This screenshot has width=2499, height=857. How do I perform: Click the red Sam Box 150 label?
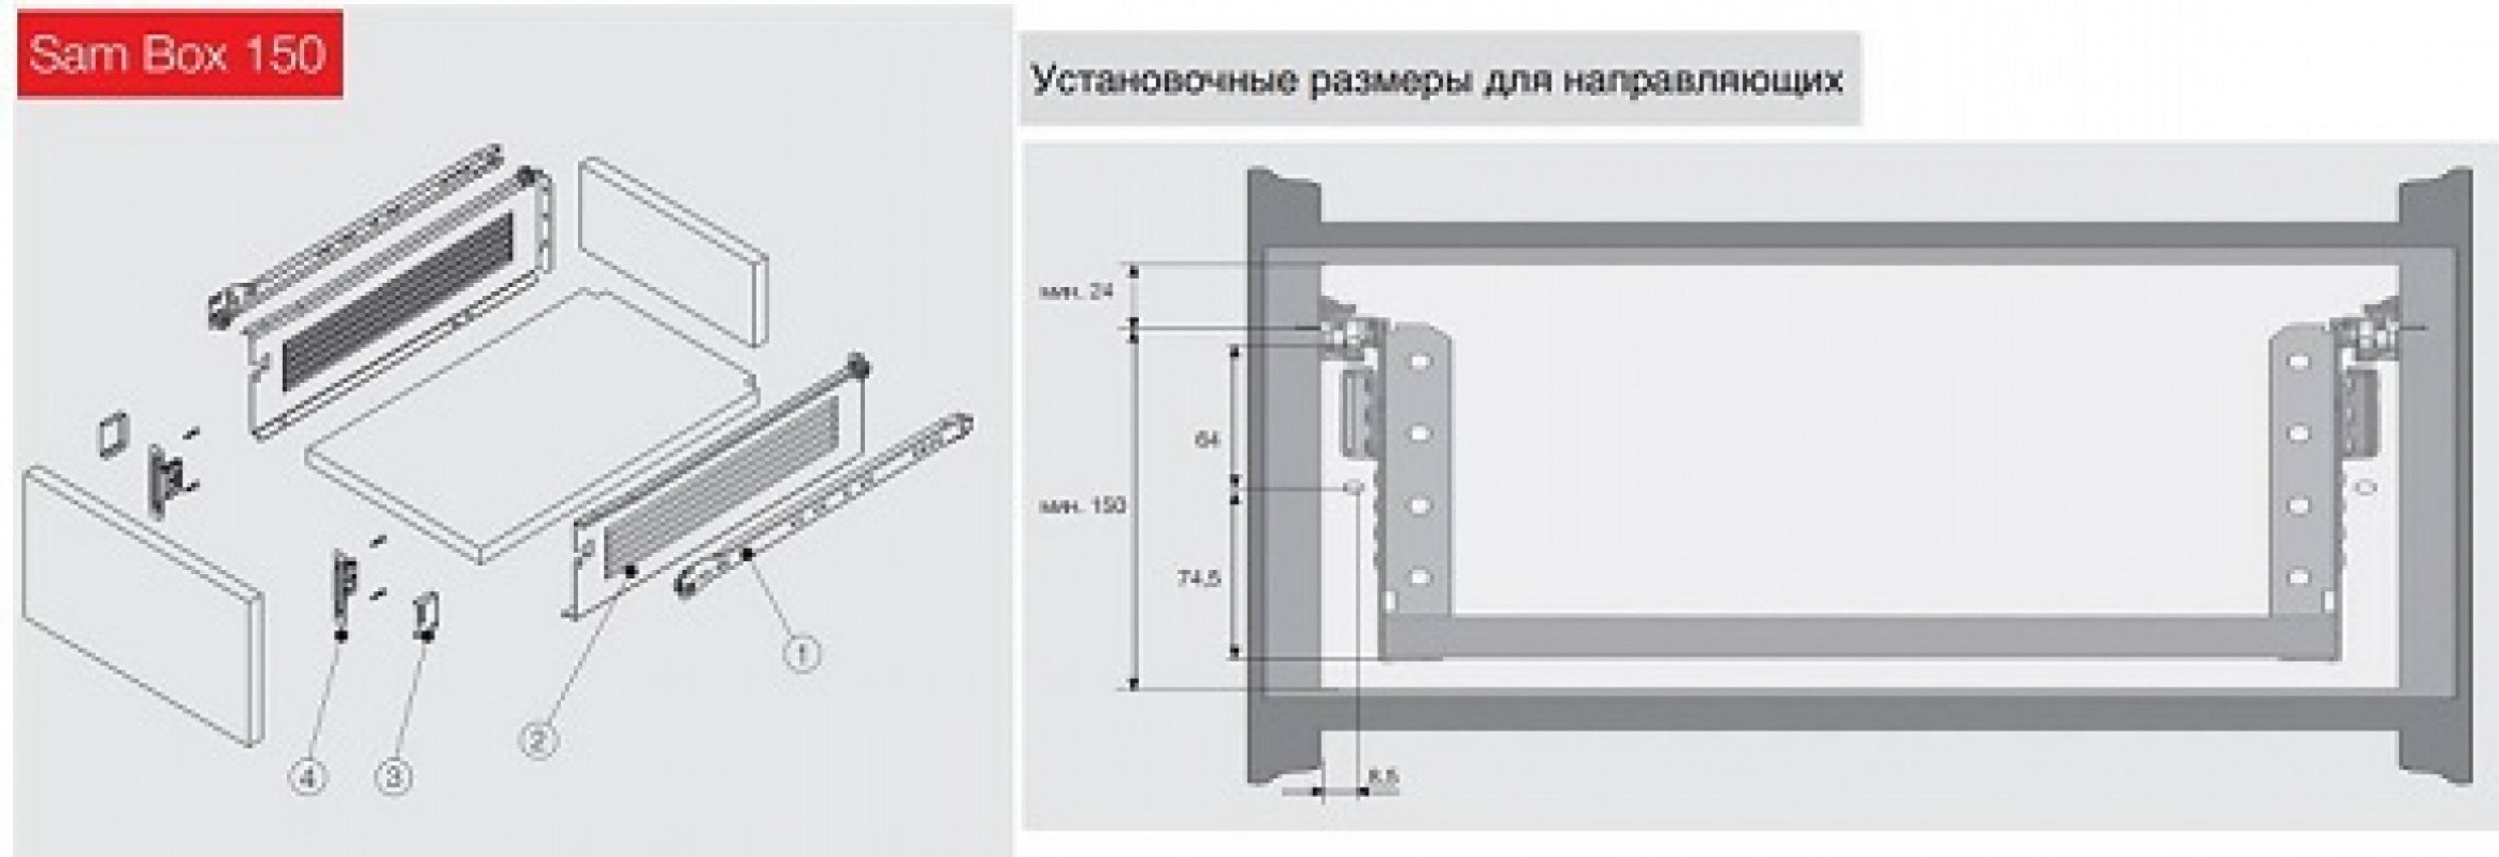tap(178, 53)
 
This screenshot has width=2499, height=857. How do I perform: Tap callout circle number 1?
tap(802, 654)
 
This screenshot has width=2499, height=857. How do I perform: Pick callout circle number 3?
tap(395, 776)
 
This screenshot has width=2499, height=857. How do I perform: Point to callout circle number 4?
tap(307, 776)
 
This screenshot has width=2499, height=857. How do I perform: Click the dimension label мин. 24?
tap(1077, 291)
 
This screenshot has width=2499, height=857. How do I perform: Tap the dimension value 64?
tap(1207, 440)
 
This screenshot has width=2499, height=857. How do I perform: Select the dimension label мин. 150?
tap(1083, 506)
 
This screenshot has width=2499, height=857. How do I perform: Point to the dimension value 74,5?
tap(1199, 578)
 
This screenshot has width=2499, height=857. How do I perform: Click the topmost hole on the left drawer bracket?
tap(1419, 364)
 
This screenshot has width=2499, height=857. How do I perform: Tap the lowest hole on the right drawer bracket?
tap(2296, 578)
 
